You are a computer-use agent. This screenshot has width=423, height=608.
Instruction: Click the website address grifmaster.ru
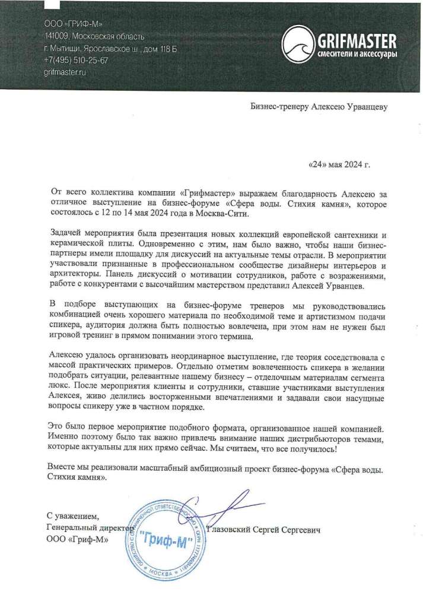click(x=65, y=72)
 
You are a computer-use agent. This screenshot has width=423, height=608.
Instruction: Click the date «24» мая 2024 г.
click(x=339, y=164)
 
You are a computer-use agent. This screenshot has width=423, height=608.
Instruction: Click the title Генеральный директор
click(x=89, y=527)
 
